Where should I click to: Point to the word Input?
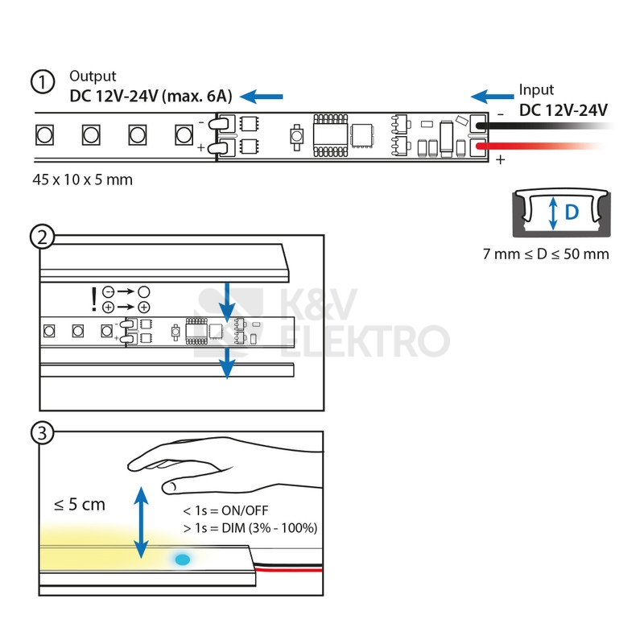tap(536, 90)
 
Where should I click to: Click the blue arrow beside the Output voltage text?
tap(262, 97)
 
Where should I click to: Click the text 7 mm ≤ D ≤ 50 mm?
tap(546, 254)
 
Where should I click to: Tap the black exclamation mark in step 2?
tap(94, 299)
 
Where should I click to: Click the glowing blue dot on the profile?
tap(182, 558)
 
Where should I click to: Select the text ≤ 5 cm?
tap(79, 505)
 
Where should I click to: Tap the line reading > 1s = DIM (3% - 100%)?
tap(250, 528)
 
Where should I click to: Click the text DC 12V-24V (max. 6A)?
tap(151, 97)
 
